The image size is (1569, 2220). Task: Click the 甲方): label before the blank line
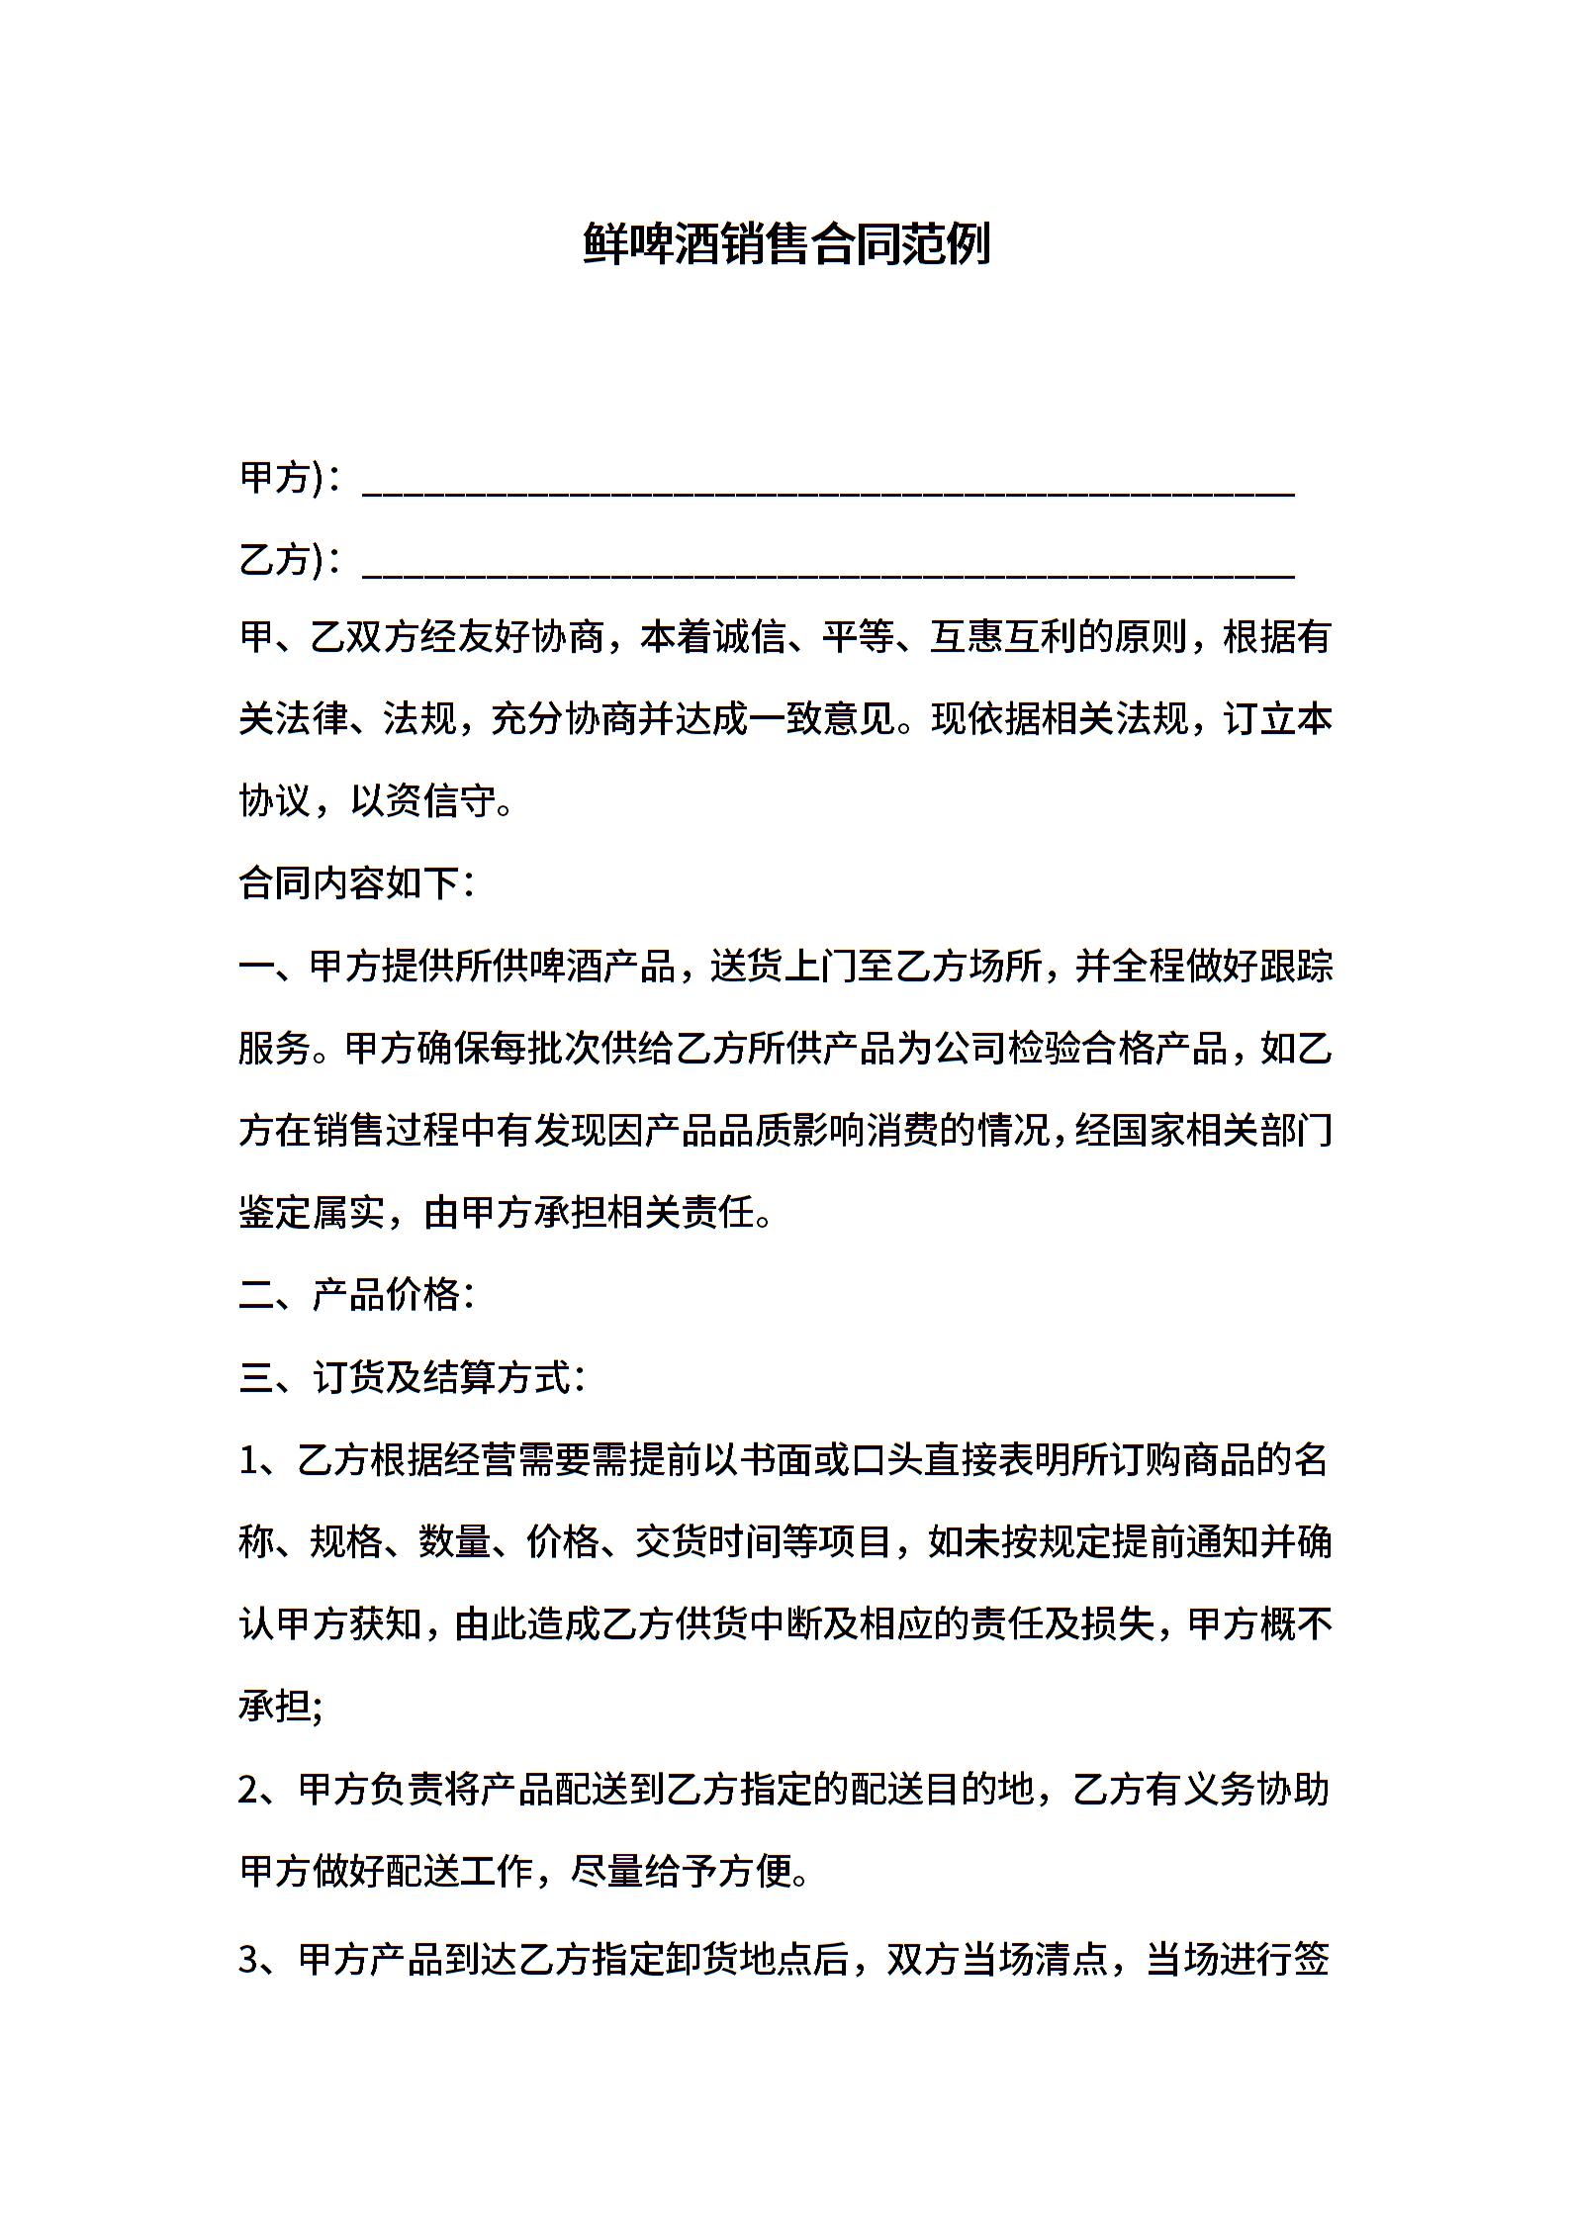(x=282, y=478)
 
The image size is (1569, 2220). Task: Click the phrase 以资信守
(x=422, y=801)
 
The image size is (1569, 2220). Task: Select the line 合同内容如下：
(x=357, y=883)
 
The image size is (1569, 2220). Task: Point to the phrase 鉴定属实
(x=311, y=1213)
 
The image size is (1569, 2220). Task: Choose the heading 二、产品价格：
(x=357, y=1295)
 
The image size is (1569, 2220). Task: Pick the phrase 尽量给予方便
(x=683, y=1871)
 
